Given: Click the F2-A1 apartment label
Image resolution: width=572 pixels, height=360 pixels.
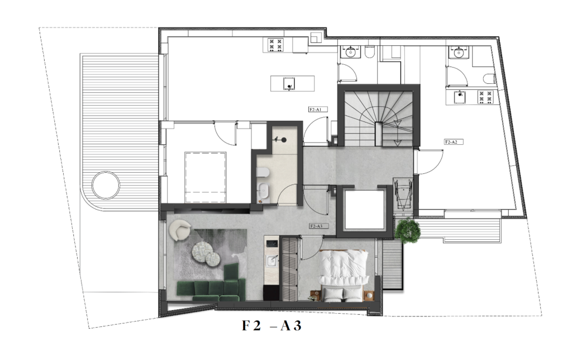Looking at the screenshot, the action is tap(318, 109).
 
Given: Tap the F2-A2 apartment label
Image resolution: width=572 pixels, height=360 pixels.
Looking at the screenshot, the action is tap(454, 142).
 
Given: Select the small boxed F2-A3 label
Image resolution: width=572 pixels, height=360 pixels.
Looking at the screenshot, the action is tap(318, 226).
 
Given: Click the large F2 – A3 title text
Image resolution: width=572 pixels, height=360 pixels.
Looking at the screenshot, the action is tap(272, 325).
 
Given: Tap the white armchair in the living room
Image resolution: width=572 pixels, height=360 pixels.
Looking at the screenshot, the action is tap(180, 230).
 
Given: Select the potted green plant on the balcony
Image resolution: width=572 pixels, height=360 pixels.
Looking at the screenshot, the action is tap(408, 230).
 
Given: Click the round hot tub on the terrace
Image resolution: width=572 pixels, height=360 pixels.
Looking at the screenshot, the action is tap(106, 186).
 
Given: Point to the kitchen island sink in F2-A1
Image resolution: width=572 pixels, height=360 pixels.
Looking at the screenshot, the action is tap(289, 84).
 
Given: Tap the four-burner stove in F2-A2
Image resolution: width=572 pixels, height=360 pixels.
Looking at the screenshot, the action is tap(485, 97).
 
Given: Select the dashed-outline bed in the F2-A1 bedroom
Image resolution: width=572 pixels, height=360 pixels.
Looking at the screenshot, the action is tap(206, 177).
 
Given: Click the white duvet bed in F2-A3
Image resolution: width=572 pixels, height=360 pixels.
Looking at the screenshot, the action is tap(344, 275).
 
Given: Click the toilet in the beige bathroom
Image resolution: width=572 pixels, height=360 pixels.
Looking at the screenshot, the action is tap(263, 172).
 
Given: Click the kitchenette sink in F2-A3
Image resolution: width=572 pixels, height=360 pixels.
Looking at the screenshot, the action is tap(271, 260).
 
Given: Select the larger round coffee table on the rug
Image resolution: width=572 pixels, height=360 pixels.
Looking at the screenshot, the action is tap(203, 251).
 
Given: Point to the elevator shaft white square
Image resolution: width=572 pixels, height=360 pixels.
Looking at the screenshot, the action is tap(365, 210).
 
